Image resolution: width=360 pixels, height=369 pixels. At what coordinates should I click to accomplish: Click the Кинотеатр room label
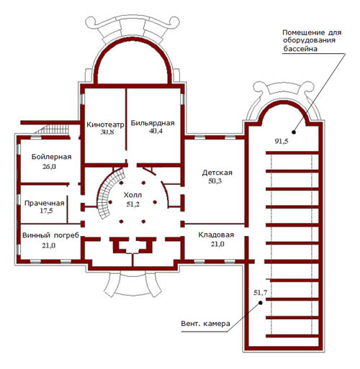[105, 124]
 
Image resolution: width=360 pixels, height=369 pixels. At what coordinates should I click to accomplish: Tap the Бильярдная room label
[153, 123]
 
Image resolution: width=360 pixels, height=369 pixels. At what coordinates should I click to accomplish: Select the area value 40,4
[156, 131]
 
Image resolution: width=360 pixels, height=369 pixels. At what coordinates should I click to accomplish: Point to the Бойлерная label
[52, 157]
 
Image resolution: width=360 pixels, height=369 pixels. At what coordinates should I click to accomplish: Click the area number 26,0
[49, 166]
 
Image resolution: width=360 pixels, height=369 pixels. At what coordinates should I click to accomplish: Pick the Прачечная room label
[45, 203]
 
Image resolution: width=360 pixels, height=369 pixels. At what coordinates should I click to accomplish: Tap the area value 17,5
[46, 211]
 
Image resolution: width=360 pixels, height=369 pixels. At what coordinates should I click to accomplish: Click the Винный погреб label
[50, 235]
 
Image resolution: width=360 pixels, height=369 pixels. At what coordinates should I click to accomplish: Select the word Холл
[132, 195]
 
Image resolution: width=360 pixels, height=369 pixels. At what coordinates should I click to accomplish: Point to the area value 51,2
[132, 204]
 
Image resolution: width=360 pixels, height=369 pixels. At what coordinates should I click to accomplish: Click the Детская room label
[217, 173]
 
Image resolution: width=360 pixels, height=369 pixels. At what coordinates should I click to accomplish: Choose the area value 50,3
[215, 181]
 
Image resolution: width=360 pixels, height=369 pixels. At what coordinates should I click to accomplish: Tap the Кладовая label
[216, 234]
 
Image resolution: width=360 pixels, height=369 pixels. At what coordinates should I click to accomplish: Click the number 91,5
[282, 142]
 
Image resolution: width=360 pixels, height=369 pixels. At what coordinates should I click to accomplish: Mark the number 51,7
[261, 293]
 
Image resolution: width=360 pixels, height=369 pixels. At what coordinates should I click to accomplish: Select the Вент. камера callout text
[205, 324]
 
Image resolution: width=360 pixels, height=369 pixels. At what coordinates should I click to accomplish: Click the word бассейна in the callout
[300, 49]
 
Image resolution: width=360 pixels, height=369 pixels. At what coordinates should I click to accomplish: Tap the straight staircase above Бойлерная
[53, 129]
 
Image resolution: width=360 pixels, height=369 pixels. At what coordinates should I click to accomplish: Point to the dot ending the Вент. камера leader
[261, 303]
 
